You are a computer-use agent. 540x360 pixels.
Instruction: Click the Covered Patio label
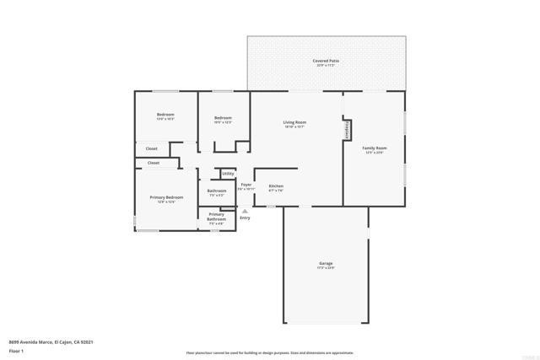pyautogui.click(x=326, y=62)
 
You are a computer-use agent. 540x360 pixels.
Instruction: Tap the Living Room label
pyautogui.click(x=294, y=122)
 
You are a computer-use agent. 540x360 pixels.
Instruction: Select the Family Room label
pyautogui.click(x=374, y=148)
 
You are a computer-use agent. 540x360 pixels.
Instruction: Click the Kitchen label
pyautogui.click(x=276, y=185)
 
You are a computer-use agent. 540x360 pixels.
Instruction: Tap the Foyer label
pyautogui.click(x=246, y=185)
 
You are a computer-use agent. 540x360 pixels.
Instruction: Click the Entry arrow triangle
pyautogui.click(x=245, y=211)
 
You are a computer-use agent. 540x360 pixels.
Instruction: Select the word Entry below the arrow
pyautogui.click(x=245, y=218)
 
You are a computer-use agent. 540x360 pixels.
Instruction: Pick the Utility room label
pyautogui.click(x=228, y=174)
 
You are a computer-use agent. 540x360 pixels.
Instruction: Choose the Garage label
pyautogui.click(x=326, y=264)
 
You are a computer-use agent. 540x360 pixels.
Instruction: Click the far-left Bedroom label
pyautogui.click(x=165, y=115)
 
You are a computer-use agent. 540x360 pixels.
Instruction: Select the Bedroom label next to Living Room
pyautogui.click(x=223, y=118)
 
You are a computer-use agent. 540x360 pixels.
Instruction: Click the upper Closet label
pyautogui.click(x=151, y=148)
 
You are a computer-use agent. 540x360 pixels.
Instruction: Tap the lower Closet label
pyautogui.click(x=154, y=163)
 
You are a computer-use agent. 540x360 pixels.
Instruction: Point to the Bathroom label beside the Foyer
pyautogui.click(x=217, y=191)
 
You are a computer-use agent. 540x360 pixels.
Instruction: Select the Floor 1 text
pyautogui.click(x=17, y=350)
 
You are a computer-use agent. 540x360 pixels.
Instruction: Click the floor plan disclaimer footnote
pyautogui.click(x=269, y=353)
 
